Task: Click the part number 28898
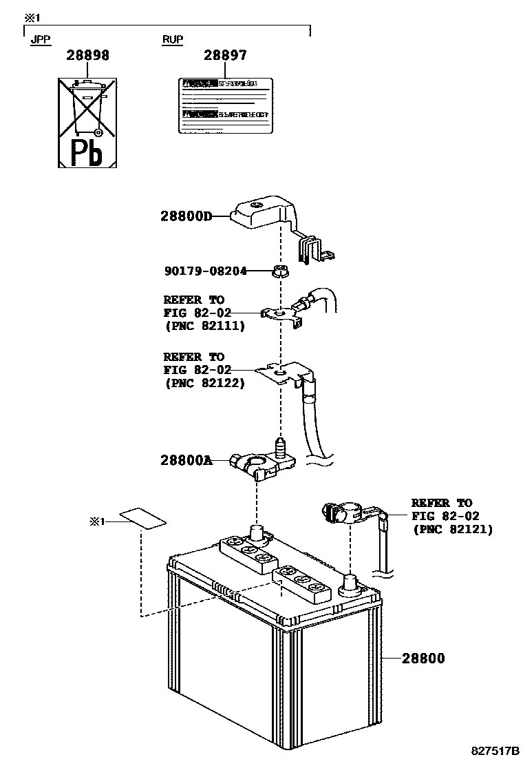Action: (87, 56)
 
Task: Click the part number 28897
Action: (225, 56)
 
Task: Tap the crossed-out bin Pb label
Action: (89, 123)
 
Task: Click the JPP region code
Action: (40, 39)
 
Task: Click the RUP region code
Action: (173, 39)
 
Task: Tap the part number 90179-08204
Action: (204, 271)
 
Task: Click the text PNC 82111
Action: (204, 326)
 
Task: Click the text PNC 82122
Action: (204, 383)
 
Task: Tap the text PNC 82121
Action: (452, 529)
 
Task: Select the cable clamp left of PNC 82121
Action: (348, 513)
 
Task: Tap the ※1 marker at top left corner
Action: (32, 16)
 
